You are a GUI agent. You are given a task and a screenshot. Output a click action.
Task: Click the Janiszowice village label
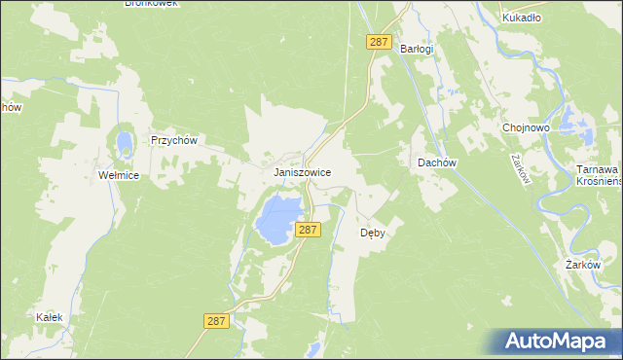click(x=302, y=172)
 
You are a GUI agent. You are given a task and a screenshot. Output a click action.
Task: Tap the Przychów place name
click(x=174, y=140)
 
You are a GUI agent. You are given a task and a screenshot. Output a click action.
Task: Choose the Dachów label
click(x=437, y=162)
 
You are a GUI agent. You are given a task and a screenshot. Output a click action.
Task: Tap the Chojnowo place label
click(x=526, y=127)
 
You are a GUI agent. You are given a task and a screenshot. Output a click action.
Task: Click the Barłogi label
click(x=416, y=48)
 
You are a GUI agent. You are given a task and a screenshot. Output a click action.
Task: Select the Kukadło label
click(x=521, y=17)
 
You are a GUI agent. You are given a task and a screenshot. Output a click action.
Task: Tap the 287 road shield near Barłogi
click(x=380, y=43)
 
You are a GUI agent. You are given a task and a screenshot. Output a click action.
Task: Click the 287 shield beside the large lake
click(x=308, y=230)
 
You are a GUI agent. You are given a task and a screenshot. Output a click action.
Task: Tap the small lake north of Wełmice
click(x=125, y=144)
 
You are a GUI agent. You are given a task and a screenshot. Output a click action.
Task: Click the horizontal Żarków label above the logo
click(x=587, y=265)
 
